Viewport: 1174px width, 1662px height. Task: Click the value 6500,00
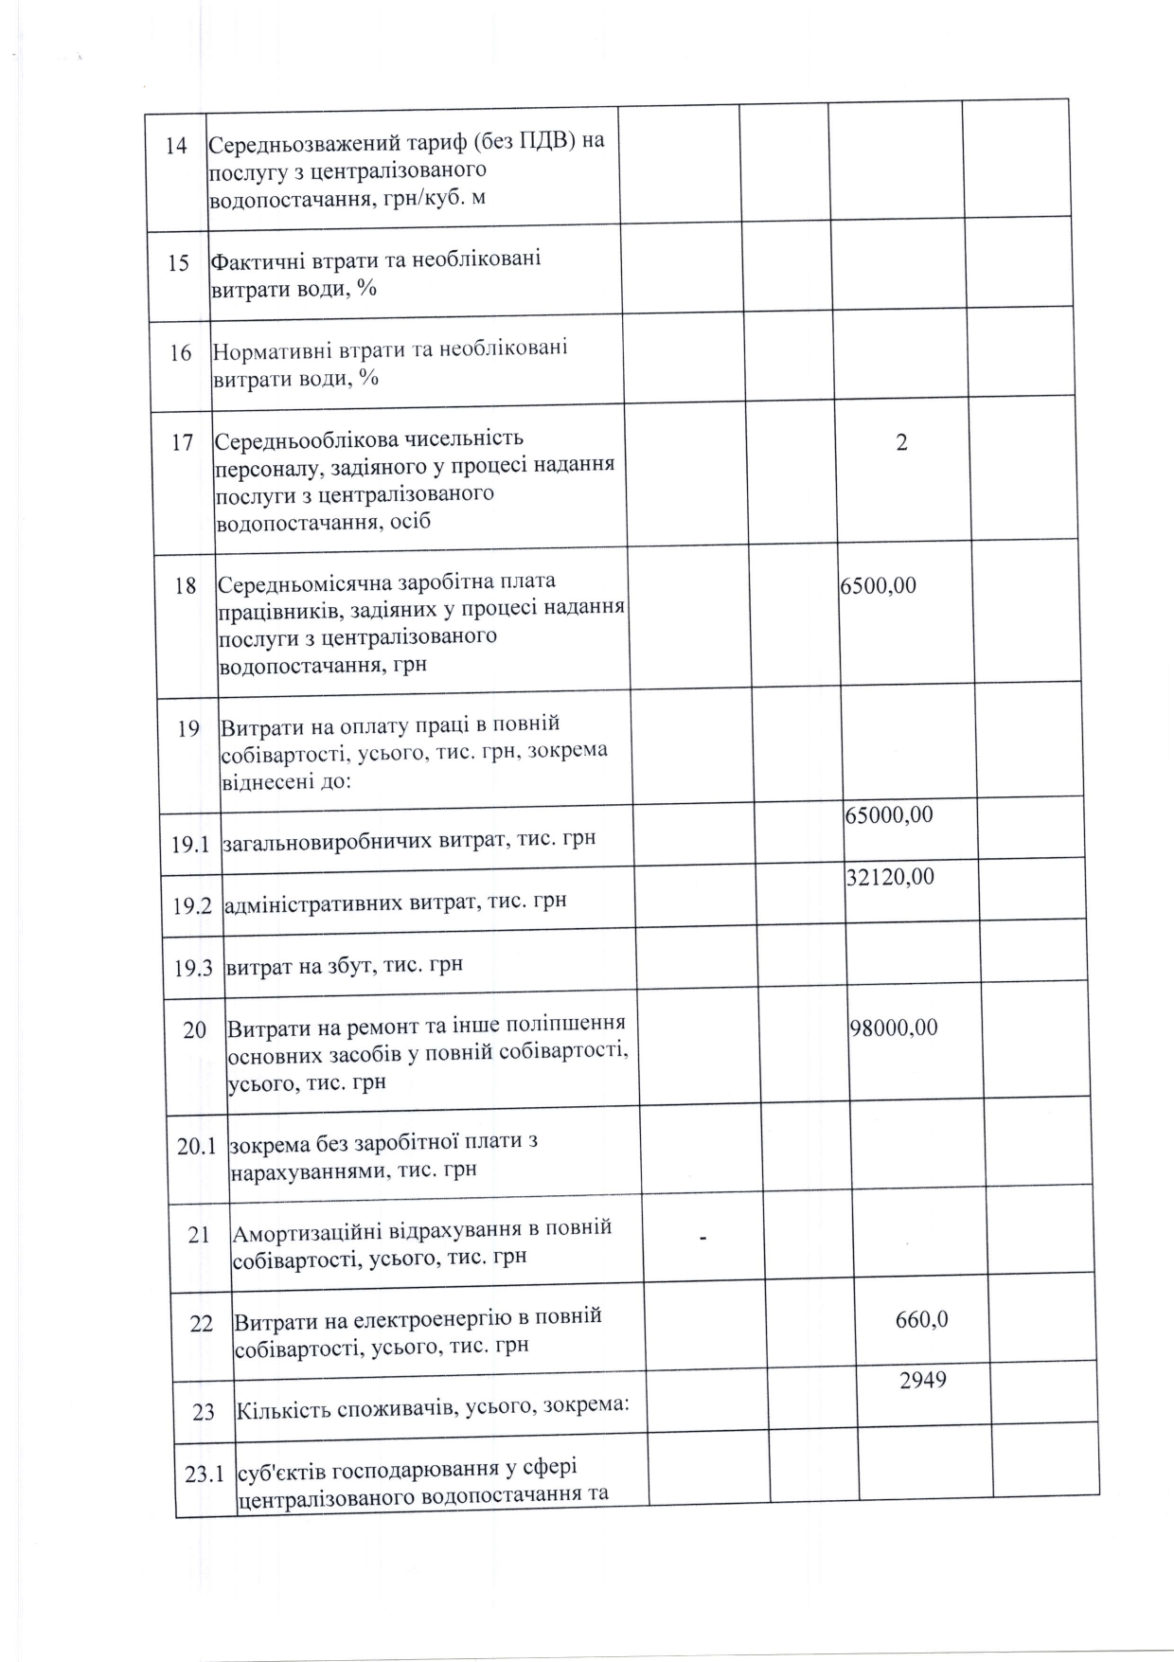[878, 585]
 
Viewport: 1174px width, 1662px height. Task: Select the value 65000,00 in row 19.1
[888, 814]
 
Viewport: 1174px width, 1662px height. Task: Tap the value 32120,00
[889, 877]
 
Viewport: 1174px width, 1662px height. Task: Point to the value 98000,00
[894, 1028]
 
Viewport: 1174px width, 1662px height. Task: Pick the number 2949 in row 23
[922, 1380]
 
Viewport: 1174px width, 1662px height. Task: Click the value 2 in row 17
[901, 442]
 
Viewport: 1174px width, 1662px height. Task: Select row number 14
[176, 146]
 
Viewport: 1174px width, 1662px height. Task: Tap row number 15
[178, 262]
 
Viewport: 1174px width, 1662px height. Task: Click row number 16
[180, 353]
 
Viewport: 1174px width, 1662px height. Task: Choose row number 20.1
[197, 1146]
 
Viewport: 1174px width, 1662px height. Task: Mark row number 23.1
[205, 1474]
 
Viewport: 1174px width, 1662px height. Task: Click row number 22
[202, 1323]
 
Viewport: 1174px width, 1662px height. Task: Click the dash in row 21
[703, 1237]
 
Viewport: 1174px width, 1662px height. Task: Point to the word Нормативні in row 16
[270, 349]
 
